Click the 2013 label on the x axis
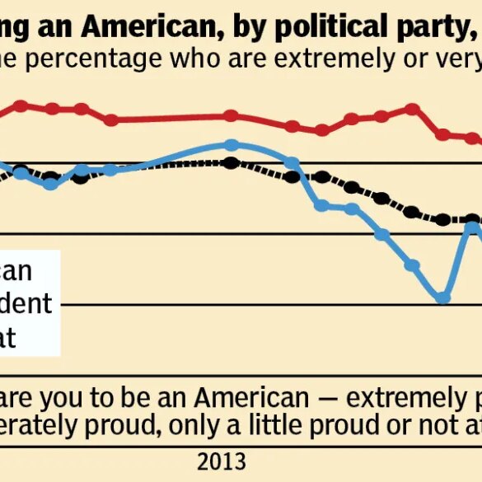point(222,458)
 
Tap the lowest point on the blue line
point(444,297)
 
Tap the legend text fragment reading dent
point(26,303)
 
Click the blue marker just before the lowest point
point(413,265)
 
